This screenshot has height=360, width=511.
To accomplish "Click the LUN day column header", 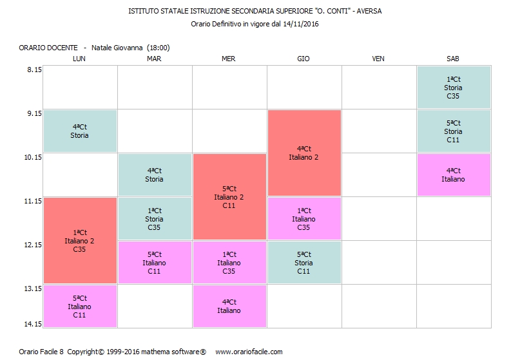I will (x=79, y=59).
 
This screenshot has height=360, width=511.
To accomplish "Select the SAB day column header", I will (x=453, y=59).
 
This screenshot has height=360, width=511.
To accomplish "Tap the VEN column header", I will (x=378, y=59).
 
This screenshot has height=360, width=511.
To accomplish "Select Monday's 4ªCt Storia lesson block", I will (x=80, y=131).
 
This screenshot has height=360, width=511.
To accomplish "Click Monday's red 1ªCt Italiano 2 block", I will (x=80, y=240).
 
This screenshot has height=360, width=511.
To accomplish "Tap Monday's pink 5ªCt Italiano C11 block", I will (x=80, y=307).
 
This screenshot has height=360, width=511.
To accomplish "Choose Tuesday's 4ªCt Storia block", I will (x=155, y=175).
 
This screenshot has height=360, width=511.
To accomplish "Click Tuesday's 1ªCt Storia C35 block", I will (x=155, y=219).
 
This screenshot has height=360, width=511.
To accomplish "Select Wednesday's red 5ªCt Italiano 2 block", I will (x=229, y=197).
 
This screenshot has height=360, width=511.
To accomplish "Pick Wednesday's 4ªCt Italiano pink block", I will (x=229, y=307).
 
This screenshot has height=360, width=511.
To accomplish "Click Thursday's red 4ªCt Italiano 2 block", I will (x=304, y=153).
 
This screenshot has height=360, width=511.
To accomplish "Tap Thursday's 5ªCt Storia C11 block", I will (x=304, y=263).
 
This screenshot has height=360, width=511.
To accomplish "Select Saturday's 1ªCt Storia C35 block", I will (x=454, y=88).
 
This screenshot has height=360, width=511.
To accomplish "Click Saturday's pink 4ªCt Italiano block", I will (x=454, y=175).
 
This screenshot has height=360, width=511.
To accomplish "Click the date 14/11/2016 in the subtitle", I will (x=302, y=24).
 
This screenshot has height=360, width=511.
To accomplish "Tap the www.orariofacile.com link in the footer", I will (x=249, y=352).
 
